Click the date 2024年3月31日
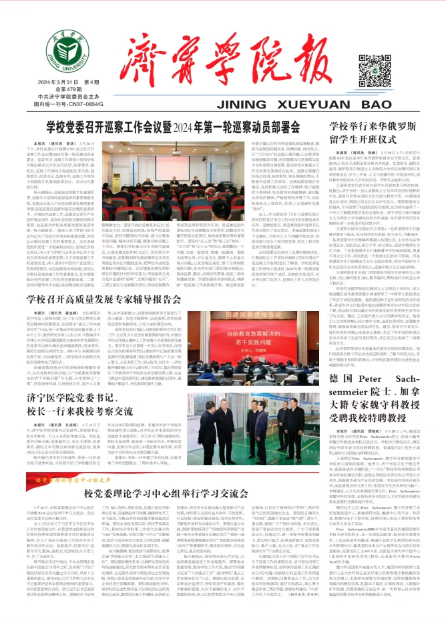58,82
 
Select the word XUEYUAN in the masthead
313,105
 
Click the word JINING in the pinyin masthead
242,105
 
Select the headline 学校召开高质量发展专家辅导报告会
104,299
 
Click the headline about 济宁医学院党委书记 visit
80,404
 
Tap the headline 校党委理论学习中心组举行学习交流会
166,493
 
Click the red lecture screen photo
253,348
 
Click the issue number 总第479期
69,89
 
